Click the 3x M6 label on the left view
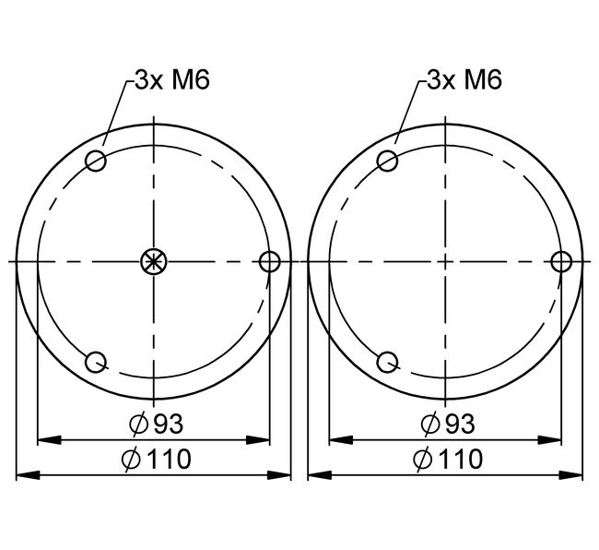tap(172, 79)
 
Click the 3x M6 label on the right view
tap(464, 79)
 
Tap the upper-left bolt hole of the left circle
tap(96, 161)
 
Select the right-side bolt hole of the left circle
tap(269, 262)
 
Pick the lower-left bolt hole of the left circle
tap(96, 362)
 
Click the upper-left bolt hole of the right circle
tap(388, 161)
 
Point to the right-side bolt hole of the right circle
tap(561, 262)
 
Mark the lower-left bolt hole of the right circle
tap(388, 362)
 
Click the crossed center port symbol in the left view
tap(153, 262)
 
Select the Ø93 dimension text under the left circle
tap(156, 424)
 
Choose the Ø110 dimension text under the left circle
tap(156, 459)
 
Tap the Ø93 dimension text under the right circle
tap(448, 424)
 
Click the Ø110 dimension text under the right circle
tap(448, 459)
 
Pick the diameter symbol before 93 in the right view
tap(429, 424)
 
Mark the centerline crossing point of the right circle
tap(445, 262)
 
